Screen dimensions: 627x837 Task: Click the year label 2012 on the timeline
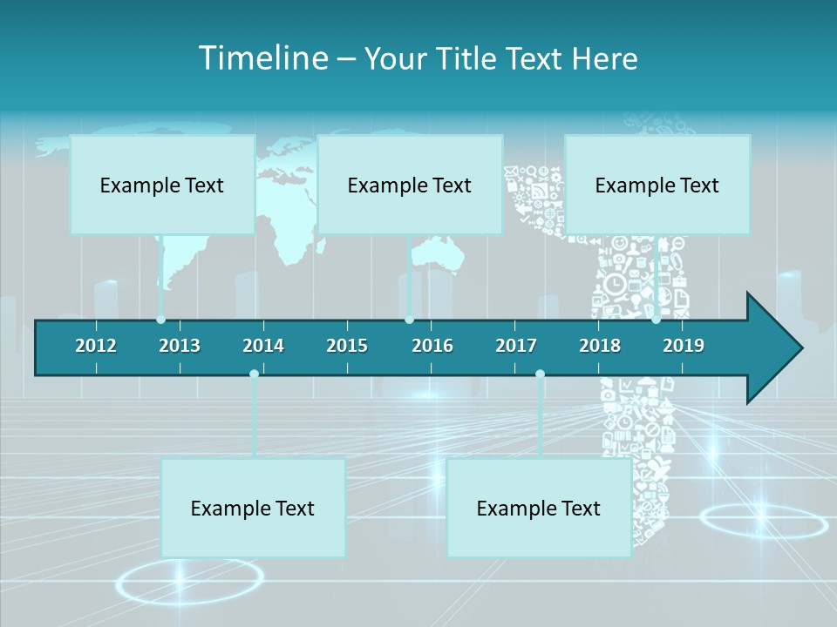pos(96,346)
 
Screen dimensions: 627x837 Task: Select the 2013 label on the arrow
pos(180,346)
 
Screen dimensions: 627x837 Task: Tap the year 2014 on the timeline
pos(263,346)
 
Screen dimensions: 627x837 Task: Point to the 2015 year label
pos(347,346)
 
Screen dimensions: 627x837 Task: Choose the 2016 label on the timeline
pos(432,346)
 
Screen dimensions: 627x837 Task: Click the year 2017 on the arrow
pos(516,346)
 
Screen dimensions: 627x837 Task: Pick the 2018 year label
pos(600,346)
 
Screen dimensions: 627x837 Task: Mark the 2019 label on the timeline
pos(684,346)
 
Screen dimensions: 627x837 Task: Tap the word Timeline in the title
pos(262,58)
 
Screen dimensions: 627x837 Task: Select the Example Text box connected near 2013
pos(162,185)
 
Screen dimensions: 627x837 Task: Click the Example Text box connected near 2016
pos(410,185)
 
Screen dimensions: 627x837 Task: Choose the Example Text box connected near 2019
pos(657,185)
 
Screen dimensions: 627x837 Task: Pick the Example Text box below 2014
pos(253,509)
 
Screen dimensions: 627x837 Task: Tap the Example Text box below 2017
pos(539,509)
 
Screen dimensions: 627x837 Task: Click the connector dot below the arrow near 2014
pos(254,374)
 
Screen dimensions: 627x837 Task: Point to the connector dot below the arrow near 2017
pos(540,374)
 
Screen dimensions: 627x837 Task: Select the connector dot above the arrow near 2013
pos(160,320)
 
